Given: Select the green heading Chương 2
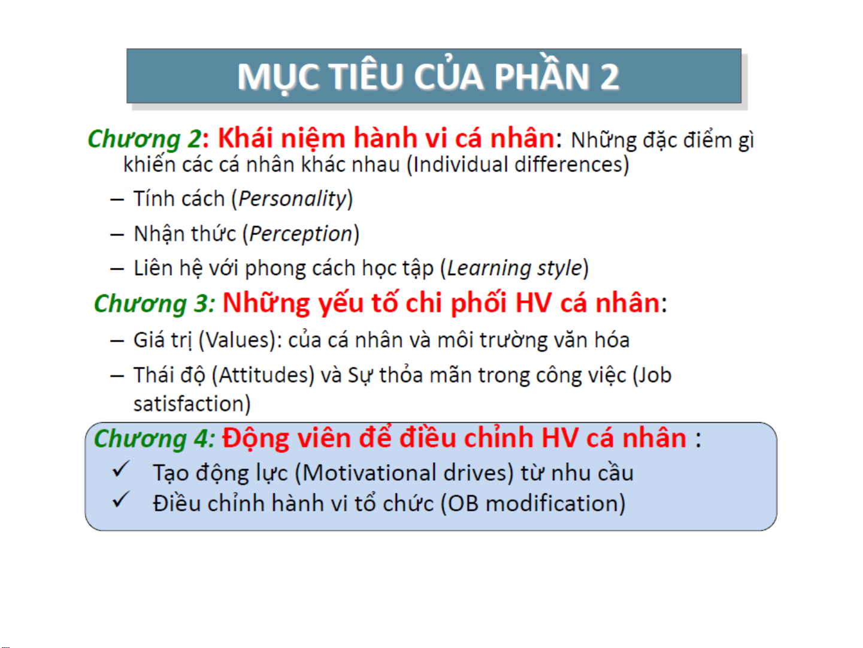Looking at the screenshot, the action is (145, 140).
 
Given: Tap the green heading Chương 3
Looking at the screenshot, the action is (155, 304).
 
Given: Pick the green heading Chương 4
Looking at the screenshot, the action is (155, 439).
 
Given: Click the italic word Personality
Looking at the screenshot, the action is (292, 199).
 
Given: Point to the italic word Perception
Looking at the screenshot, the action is (301, 234).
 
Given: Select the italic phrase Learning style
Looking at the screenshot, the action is (514, 269).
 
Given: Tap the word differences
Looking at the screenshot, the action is (568, 164).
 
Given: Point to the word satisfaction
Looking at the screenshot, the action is (188, 403).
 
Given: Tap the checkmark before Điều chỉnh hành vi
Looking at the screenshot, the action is (120, 500).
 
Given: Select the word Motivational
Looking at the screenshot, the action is (369, 472).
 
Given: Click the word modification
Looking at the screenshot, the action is (551, 503).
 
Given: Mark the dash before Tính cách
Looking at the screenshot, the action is (117, 200).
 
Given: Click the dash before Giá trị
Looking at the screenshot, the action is (117, 341).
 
